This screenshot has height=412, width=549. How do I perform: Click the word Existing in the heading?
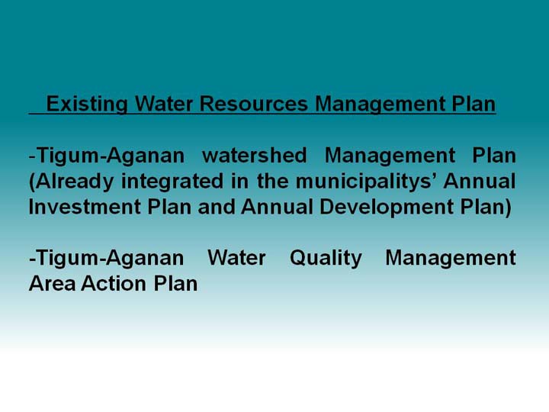coord(87,104)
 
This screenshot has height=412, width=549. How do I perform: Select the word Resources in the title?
coord(253,104)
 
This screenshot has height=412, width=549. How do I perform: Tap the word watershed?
coord(255,155)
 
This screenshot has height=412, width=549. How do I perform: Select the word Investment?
coord(85,206)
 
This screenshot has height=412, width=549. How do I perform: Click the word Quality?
coord(326,259)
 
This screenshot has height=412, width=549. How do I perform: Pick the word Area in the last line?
coord(52,283)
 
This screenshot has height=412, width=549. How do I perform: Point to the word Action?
coord(114,283)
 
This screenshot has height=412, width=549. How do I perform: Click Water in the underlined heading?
coord(164,104)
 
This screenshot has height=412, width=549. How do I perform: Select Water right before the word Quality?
coord(236,258)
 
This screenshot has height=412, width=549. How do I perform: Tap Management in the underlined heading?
coord(380,104)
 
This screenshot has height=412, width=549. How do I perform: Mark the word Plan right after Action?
coord(175,283)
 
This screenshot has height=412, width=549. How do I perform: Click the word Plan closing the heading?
coord(474,104)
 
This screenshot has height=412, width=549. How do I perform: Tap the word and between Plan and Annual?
coord(216,206)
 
